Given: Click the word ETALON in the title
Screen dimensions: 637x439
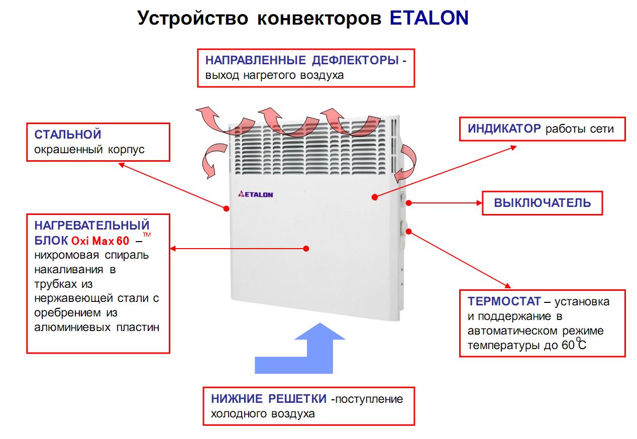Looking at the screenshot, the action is tap(429, 18).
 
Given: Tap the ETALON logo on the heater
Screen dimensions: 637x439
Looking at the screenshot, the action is tap(256, 194).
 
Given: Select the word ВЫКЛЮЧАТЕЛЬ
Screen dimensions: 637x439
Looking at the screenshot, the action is tap(542, 203).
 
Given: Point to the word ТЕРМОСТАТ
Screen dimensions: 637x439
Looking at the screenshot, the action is tap(504, 301).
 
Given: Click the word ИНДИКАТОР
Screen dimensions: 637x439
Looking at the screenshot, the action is tap(504, 129).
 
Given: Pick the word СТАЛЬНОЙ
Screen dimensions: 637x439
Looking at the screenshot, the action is tap(68, 135).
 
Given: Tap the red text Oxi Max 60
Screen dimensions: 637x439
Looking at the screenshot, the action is tap(100, 241).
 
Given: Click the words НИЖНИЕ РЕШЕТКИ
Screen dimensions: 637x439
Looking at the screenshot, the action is tap(268, 399).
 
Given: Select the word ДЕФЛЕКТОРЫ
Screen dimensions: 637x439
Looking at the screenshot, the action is tap(355, 60).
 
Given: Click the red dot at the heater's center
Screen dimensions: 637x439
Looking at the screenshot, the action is tap(306, 249).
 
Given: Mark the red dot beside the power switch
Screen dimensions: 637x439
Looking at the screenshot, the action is tap(408, 203).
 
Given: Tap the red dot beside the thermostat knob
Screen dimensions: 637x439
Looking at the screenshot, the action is tap(408, 232).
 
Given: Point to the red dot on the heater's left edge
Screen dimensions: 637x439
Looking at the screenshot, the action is tap(227, 208).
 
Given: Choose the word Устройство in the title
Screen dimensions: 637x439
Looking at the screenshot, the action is tap(192, 19).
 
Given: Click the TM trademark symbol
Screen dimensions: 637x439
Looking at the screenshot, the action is tap(147, 235).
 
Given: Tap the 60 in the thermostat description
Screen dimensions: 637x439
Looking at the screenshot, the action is tap(568, 345).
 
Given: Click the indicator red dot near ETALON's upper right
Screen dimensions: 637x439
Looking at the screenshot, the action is tap(375, 197).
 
